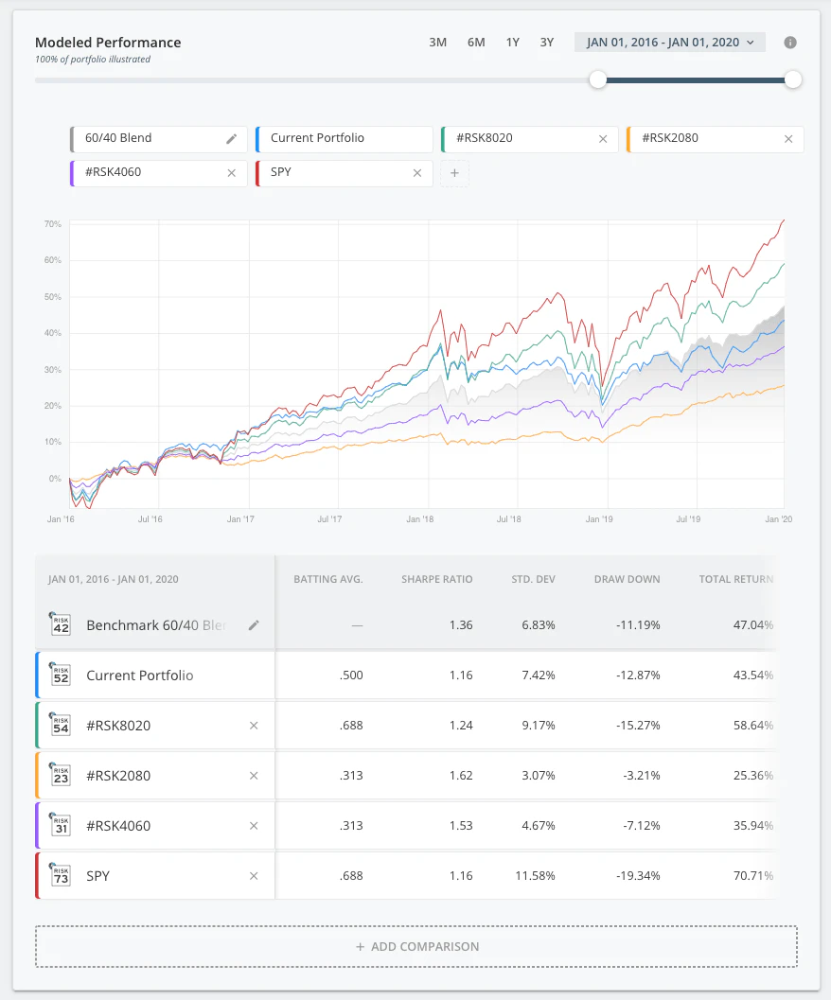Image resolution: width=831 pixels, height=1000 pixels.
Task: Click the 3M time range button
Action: coord(437,43)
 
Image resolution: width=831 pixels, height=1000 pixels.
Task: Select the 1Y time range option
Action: coord(512,43)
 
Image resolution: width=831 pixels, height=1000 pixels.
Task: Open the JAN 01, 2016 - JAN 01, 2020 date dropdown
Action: coord(669,43)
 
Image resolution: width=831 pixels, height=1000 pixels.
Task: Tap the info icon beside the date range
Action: coord(790,43)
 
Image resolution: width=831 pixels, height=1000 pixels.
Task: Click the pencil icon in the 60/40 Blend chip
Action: coord(232,139)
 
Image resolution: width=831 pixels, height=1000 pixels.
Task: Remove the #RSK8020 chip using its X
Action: coord(603,139)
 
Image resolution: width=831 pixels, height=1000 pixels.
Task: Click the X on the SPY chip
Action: coord(417,173)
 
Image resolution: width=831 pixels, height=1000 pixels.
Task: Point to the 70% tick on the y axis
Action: coord(52,224)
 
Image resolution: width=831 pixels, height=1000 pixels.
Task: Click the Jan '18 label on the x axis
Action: coord(419,519)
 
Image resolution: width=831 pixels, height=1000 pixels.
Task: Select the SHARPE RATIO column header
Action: coord(436,579)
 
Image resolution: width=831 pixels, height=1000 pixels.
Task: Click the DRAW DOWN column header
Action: coord(627,579)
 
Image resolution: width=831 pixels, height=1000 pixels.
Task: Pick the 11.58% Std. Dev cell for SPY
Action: coord(536,876)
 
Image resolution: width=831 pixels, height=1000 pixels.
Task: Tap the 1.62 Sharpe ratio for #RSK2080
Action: coord(461,776)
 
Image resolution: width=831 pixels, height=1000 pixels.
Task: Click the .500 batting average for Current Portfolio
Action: coord(350,675)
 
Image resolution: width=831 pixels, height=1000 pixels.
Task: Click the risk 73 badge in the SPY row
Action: coord(61,875)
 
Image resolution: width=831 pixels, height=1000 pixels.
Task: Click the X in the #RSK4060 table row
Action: coord(253,826)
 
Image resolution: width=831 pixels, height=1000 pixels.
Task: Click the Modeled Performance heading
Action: coord(108,43)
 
